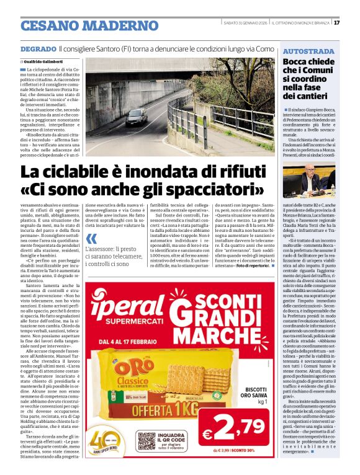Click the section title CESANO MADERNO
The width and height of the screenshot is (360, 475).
click(89, 26)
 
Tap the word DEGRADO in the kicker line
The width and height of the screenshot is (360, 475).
click(38, 48)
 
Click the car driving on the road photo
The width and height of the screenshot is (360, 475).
click(136, 117)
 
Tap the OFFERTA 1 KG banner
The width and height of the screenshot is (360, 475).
click(149, 410)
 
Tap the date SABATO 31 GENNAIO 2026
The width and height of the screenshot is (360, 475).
click(247, 23)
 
